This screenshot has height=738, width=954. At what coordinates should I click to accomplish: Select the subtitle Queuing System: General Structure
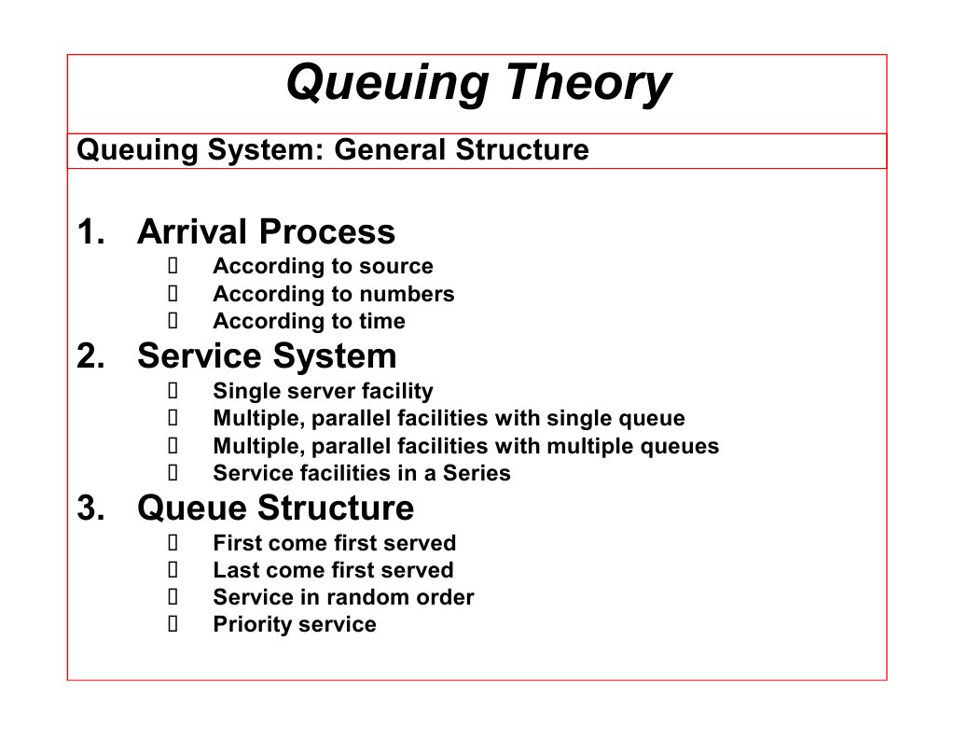pos(332,150)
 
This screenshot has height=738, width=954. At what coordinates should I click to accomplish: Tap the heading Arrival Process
pos(266,231)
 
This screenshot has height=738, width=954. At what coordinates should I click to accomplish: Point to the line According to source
pos(323,267)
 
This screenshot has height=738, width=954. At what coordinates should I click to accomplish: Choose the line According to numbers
pos(333,294)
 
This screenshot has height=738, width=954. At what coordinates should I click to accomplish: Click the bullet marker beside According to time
pos(173,321)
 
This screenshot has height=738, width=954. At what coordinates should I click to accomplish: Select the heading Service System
pos(267,356)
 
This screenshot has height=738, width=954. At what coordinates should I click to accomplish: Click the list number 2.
pos(90,356)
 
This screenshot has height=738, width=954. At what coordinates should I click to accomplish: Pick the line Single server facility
pos(323,391)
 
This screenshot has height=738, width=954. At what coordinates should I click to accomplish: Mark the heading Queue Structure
pos(275,508)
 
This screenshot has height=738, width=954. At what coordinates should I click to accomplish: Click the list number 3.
pos(90,508)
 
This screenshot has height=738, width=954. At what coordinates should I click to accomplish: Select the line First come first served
pos(334,543)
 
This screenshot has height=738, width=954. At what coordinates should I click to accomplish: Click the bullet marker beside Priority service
pos(173,624)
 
